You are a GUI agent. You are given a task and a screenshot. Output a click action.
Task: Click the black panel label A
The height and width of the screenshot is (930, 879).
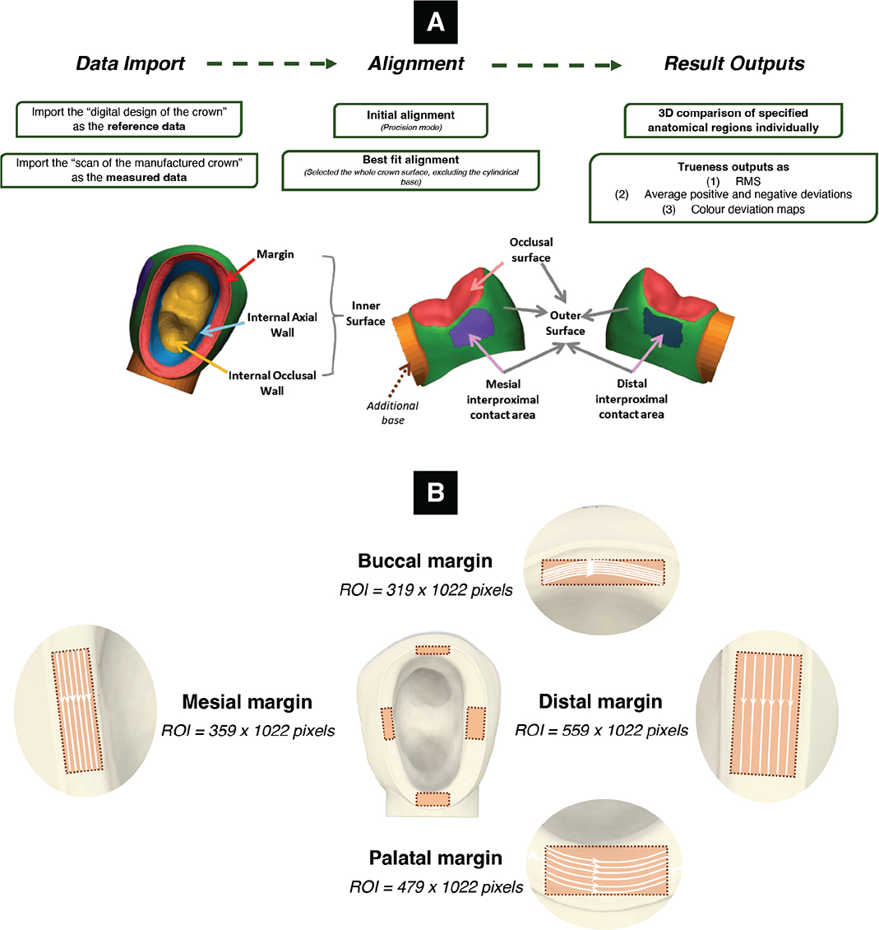[x=436, y=22]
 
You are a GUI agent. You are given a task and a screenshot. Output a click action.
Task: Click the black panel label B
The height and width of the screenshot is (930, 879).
[x=436, y=492]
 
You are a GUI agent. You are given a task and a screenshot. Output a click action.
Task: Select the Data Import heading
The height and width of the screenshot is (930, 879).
[x=131, y=63]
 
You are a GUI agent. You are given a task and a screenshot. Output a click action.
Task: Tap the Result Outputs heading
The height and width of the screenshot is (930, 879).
[x=733, y=63]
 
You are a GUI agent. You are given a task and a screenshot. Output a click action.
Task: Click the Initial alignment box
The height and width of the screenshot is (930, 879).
[x=411, y=120]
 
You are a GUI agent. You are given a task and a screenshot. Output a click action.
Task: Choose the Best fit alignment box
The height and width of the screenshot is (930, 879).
[x=411, y=170]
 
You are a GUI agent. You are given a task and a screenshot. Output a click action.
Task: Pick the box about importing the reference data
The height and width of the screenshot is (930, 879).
[x=129, y=119]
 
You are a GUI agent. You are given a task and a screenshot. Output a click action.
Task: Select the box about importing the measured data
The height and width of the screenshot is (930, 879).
[x=129, y=170]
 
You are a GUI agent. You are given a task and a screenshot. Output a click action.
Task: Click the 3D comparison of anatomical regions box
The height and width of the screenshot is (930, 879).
[x=733, y=120]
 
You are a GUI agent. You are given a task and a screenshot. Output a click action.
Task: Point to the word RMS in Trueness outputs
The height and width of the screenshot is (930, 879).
[x=748, y=182]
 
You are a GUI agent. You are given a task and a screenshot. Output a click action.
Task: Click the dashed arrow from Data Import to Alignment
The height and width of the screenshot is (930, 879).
[x=272, y=64]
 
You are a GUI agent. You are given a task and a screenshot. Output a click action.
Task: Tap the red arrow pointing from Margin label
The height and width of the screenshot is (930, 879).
[x=241, y=269]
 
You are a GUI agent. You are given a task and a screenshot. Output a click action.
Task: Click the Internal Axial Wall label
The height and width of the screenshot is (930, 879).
[x=282, y=325]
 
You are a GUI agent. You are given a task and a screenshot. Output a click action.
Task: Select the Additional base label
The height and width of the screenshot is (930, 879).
[x=392, y=413]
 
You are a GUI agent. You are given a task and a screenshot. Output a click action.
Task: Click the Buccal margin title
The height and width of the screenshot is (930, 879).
[x=425, y=560]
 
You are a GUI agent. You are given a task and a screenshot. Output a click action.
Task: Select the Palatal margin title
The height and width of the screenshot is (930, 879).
[x=436, y=858]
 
